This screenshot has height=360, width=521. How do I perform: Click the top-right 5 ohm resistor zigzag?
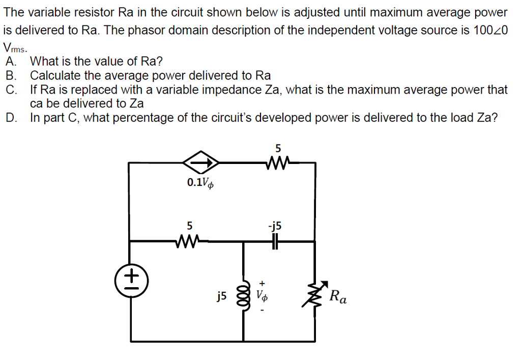278,163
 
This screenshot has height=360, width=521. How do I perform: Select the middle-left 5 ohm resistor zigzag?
189,241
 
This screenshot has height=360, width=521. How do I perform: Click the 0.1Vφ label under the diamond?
200,182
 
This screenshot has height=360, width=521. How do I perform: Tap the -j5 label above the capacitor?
276,226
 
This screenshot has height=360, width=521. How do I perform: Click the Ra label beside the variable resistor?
338,296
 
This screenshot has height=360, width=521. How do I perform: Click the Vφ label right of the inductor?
262,295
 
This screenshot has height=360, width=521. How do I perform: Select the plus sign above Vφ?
263,281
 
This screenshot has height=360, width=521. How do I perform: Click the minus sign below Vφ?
263,309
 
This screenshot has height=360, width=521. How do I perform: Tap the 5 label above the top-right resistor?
278,149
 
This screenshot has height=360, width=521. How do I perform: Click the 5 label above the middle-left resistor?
189,225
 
